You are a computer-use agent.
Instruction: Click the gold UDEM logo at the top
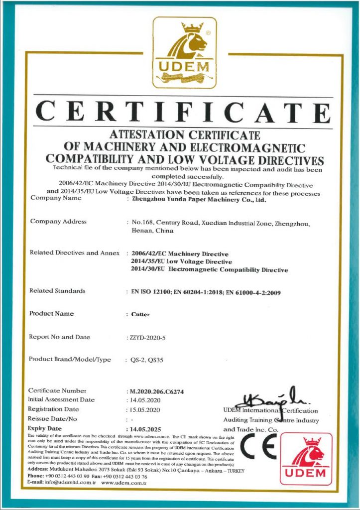point(184,52)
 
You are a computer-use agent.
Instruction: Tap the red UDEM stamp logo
point(306,459)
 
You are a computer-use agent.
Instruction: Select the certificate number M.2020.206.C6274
point(156,391)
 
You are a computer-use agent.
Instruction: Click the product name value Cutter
point(140,315)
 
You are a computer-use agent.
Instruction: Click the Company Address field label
point(58,222)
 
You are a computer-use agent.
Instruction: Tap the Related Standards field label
point(57,291)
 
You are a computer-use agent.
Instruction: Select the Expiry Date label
point(45,428)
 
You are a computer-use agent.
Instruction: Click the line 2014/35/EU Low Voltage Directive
point(181,262)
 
